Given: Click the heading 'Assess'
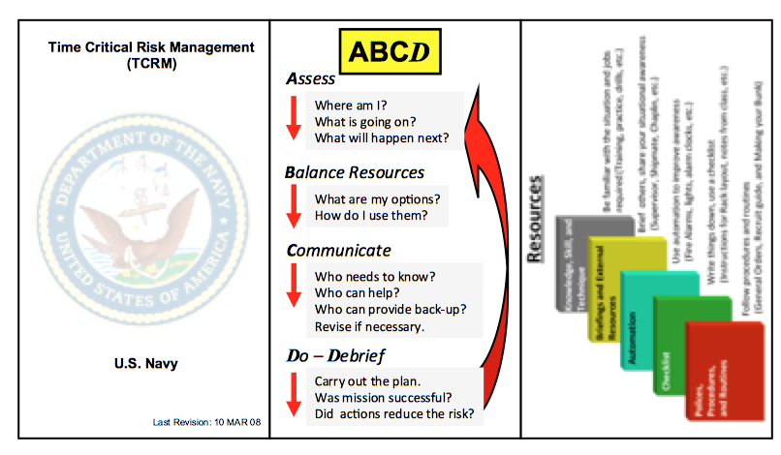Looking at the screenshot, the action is tap(311, 79).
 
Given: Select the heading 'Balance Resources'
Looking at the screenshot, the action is tap(355, 172).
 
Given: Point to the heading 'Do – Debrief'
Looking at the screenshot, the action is tap(338, 354).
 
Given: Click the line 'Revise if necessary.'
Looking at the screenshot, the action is tap(370, 326).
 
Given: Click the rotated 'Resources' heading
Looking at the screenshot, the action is tap(537, 219).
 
